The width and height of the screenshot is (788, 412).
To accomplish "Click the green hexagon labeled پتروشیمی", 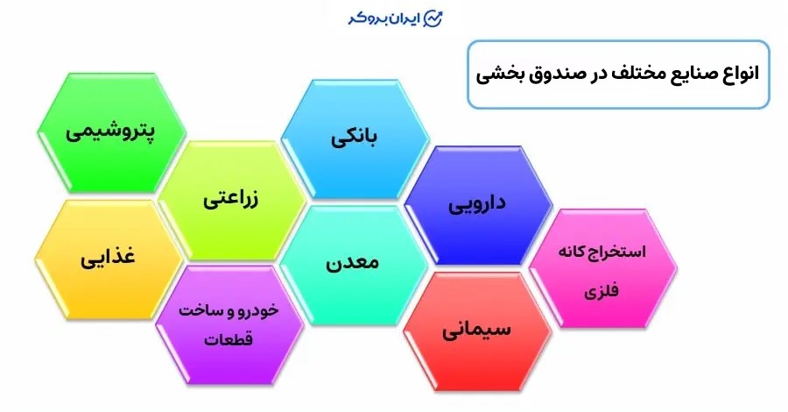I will pos(110,133).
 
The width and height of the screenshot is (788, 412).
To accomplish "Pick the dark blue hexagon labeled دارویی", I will pos(478,205).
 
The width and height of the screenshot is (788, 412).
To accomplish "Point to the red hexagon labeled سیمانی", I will pos(477,331).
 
